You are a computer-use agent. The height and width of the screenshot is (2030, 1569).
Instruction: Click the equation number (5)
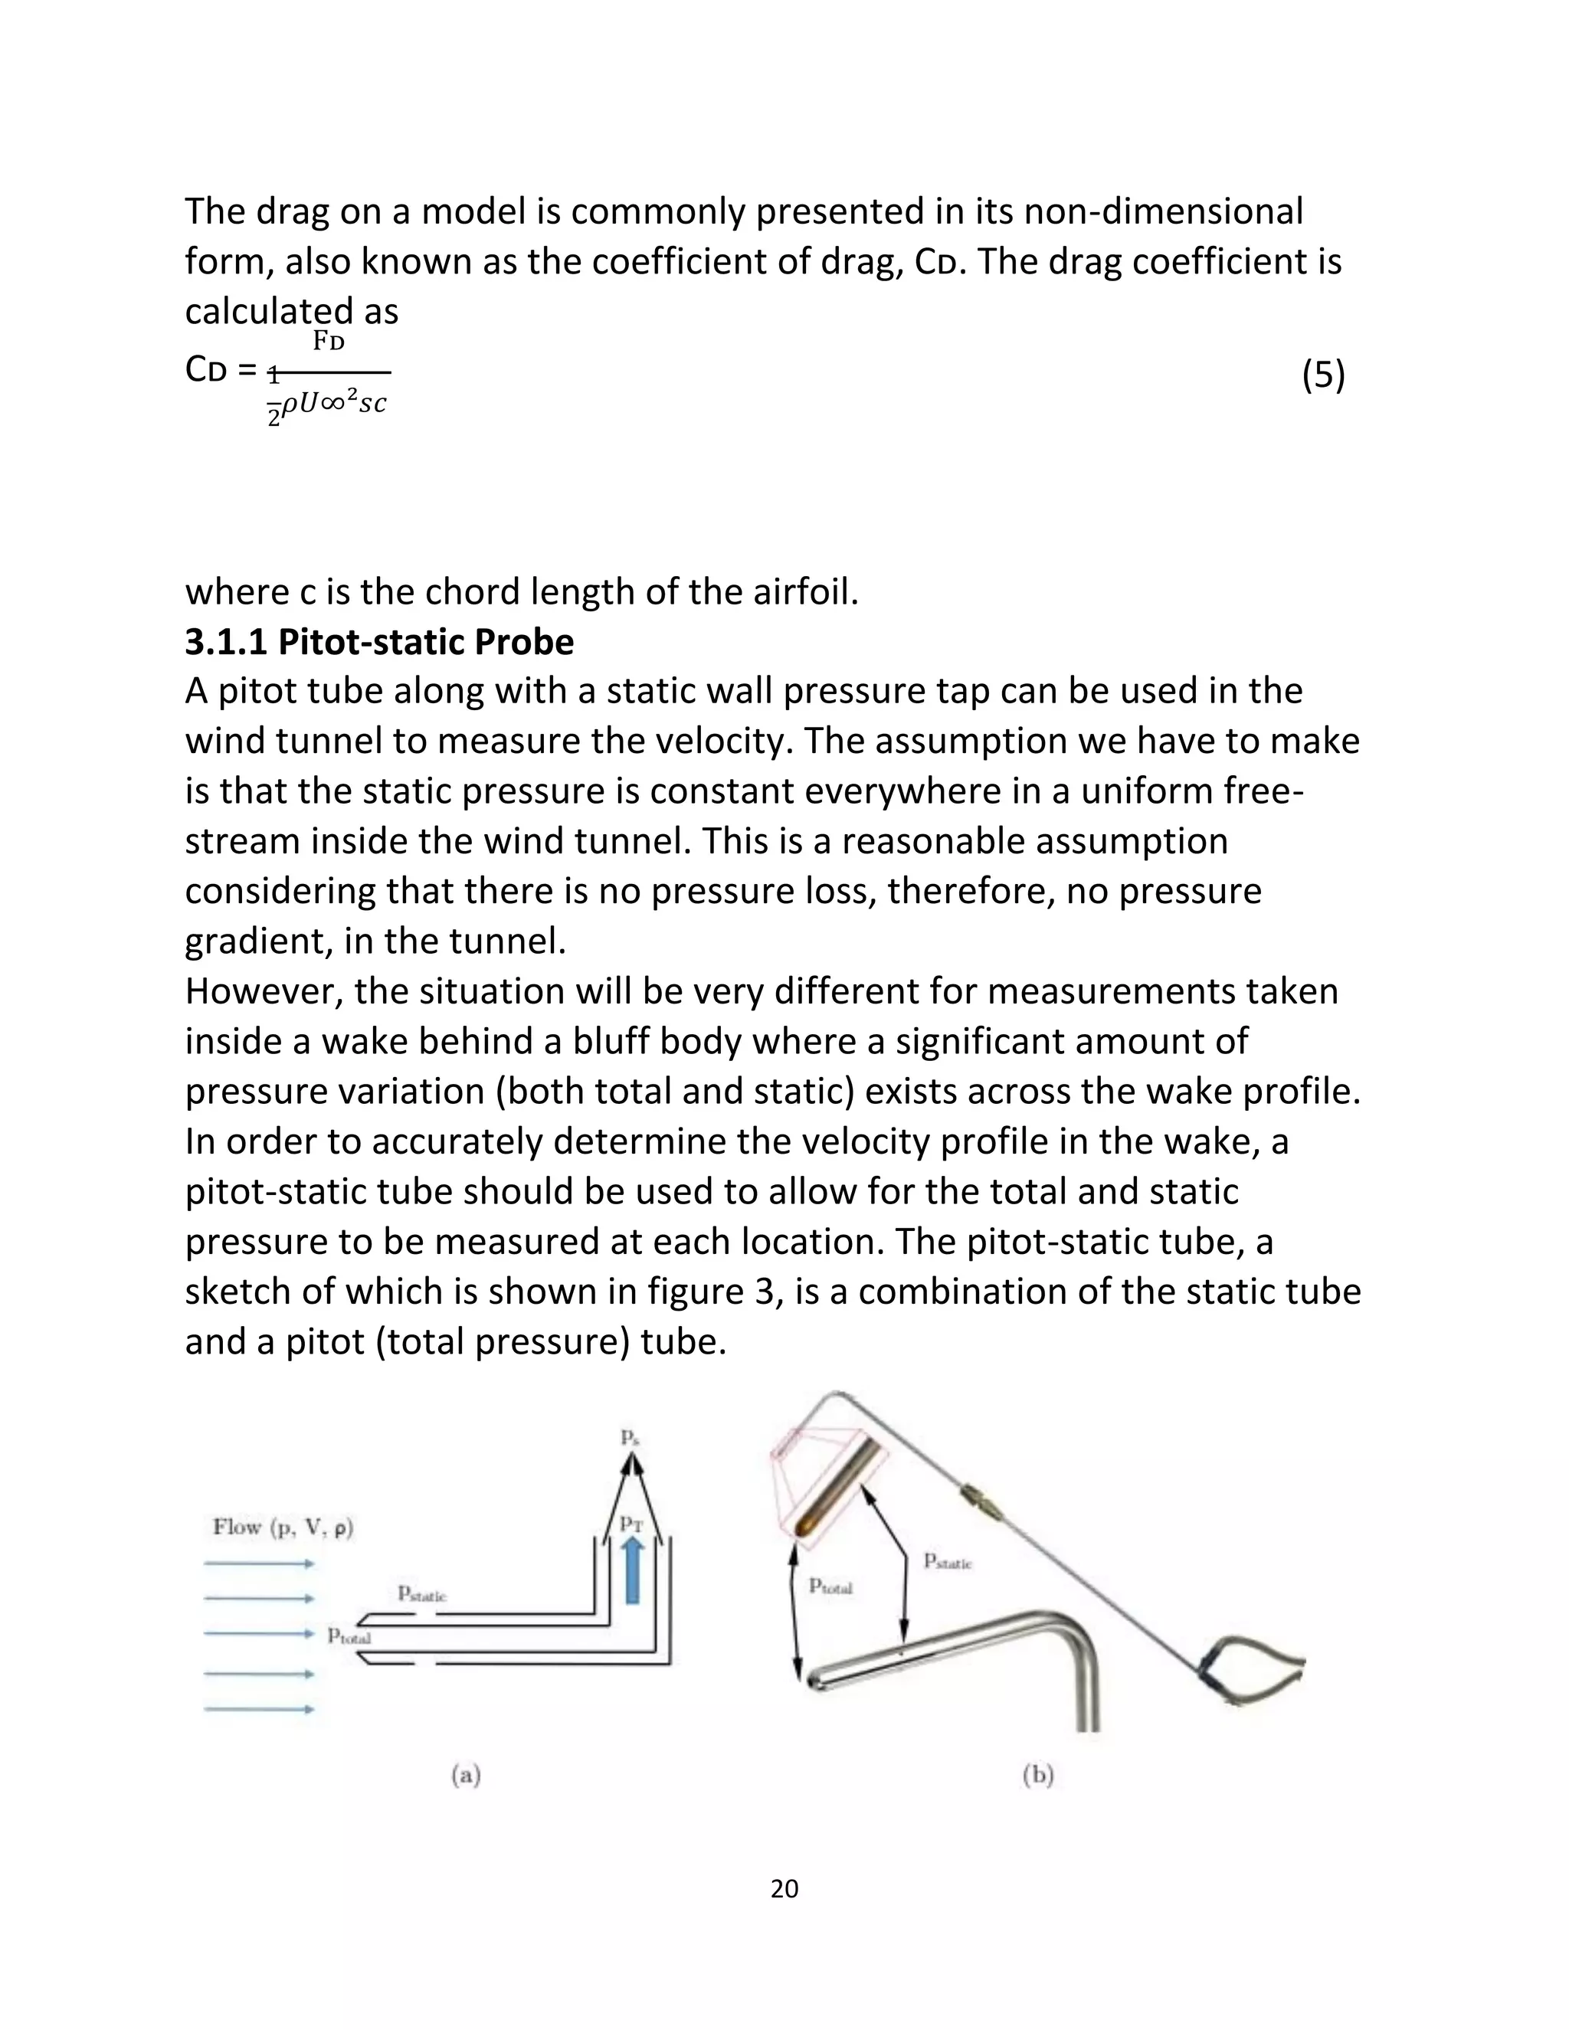pos(1322,375)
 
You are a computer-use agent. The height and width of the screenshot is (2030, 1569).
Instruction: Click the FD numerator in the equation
pos(328,342)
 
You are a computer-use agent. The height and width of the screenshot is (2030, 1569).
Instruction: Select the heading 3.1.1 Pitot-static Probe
pos(379,642)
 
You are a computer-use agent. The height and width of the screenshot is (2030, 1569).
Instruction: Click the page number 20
pos(784,1889)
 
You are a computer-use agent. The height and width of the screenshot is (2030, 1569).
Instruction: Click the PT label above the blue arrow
pos(631,1524)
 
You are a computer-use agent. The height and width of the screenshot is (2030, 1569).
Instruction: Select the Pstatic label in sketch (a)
pos(422,1594)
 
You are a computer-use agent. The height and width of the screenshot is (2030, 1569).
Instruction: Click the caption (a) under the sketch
pos(466,1776)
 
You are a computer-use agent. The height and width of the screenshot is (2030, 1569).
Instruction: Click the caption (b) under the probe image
pos(1037,1776)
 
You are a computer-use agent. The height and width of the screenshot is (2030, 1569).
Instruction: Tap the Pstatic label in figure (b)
pos(947,1563)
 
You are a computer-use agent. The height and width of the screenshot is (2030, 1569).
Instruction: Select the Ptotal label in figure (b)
pos(830,1586)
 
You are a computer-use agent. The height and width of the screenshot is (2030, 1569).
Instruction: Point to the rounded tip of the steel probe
pos(814,1682)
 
